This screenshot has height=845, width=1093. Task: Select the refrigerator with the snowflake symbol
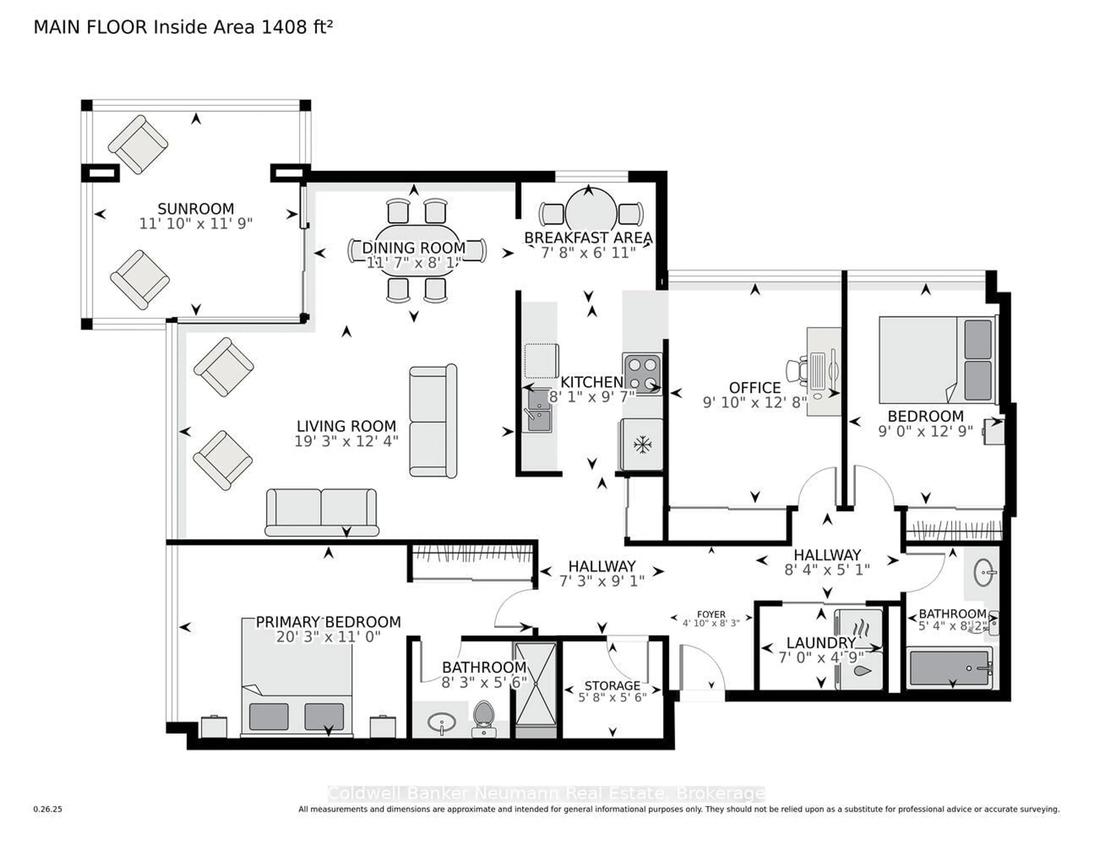(x=642, y=444)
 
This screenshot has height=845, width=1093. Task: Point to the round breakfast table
(x=591, y=212)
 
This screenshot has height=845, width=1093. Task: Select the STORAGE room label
(x=612, y=685)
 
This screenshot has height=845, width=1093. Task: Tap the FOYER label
(x=711, y=614)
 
